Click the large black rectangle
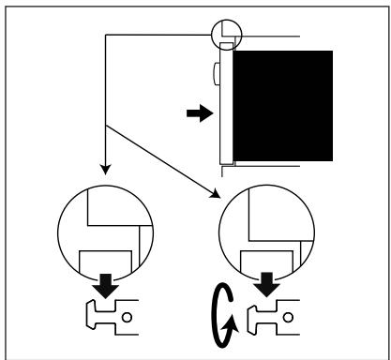281,105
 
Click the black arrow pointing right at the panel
199,113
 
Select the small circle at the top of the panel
226,34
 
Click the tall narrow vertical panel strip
225,103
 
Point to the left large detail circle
105,231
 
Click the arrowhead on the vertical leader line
106,172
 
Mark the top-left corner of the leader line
106,36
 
